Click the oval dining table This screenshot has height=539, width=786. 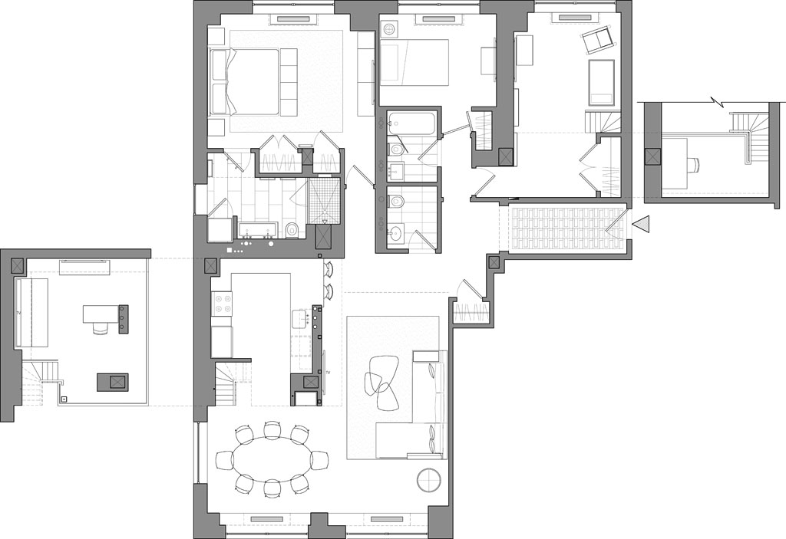click(x=272, y=460)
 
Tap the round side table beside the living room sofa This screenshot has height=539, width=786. click(x=429, y=480)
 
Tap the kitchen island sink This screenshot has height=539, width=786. click(x=299, y=317)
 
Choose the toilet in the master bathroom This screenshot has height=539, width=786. click(x=291, y=230)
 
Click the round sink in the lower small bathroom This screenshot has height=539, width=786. click(x=395, y=234)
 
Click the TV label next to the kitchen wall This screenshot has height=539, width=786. click(x=328, y=372)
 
